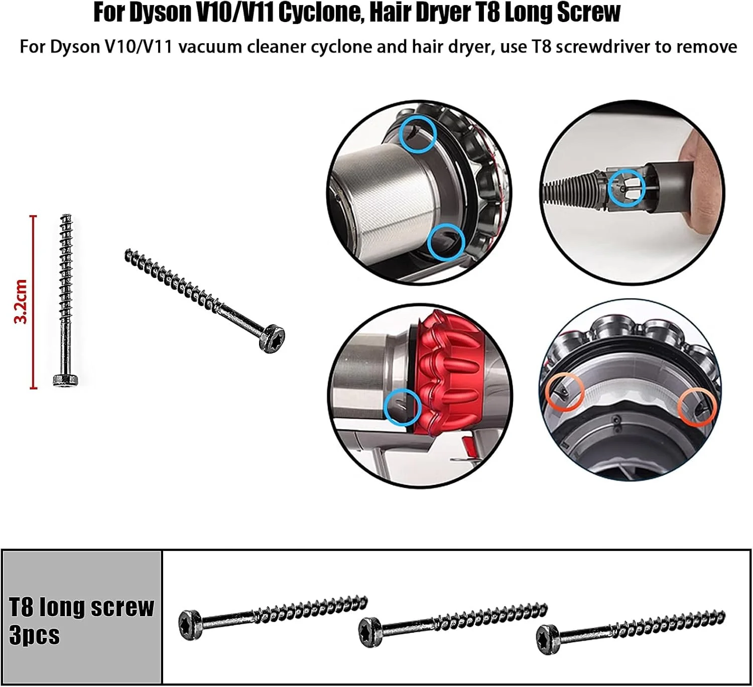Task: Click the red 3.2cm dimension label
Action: pos(20,302)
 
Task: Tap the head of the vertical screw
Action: pos(66,380)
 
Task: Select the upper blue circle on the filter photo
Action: pos(418,134)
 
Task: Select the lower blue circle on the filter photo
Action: pos(446,242)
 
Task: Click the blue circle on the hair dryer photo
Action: pos(626,188)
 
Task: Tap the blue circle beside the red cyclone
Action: pos(403,407)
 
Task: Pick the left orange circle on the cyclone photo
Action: pos(564,392)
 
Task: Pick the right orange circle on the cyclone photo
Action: pos(697,407)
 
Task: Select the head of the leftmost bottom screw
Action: pos(190,625)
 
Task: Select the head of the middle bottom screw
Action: pos(370,633)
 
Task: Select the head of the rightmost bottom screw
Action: pos(548,640)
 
